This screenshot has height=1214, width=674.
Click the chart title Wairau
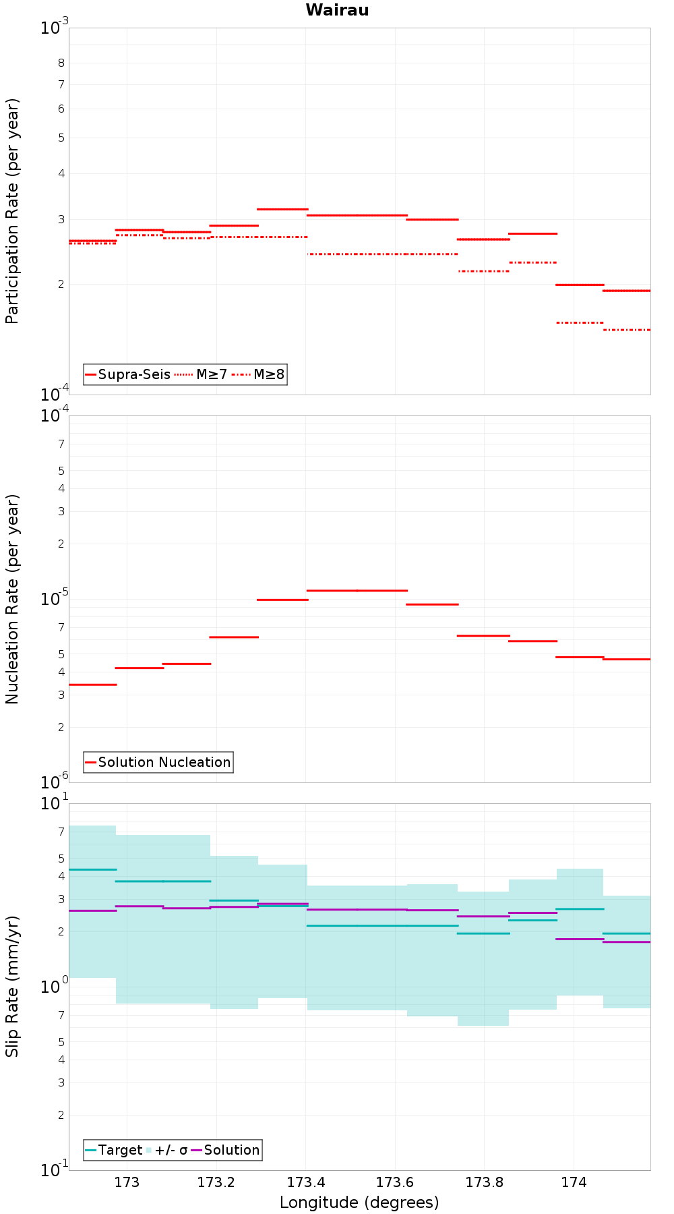coord(337,10)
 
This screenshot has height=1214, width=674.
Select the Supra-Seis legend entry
coord(127,374)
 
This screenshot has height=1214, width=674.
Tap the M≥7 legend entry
coord(201,374)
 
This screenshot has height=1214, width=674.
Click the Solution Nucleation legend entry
coord(158,762)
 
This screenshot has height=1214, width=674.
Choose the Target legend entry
coord(114,1150)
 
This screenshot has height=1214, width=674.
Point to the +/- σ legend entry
coord(166,1150)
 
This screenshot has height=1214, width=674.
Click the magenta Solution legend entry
coord(226,1150)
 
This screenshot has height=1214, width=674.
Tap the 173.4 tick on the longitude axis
coord(305,1182)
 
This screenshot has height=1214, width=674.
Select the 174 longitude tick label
coord(574,1182)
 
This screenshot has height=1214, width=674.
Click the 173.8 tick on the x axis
coord(484,1182)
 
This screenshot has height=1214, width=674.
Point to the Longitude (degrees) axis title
coord(359,1203)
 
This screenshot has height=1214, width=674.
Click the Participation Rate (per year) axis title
coord(12,211)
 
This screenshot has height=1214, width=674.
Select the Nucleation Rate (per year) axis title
coord(12,600)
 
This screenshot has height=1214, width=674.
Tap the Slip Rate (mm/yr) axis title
coord(12,986)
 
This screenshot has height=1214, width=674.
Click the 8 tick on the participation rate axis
coord(61,63)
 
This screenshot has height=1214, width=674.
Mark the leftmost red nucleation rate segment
coord(93,685)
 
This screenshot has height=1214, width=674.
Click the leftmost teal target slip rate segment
coord(93,869)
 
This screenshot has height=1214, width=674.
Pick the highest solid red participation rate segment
coord(283,209)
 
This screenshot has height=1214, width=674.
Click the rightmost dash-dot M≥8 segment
coord(627,330)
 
